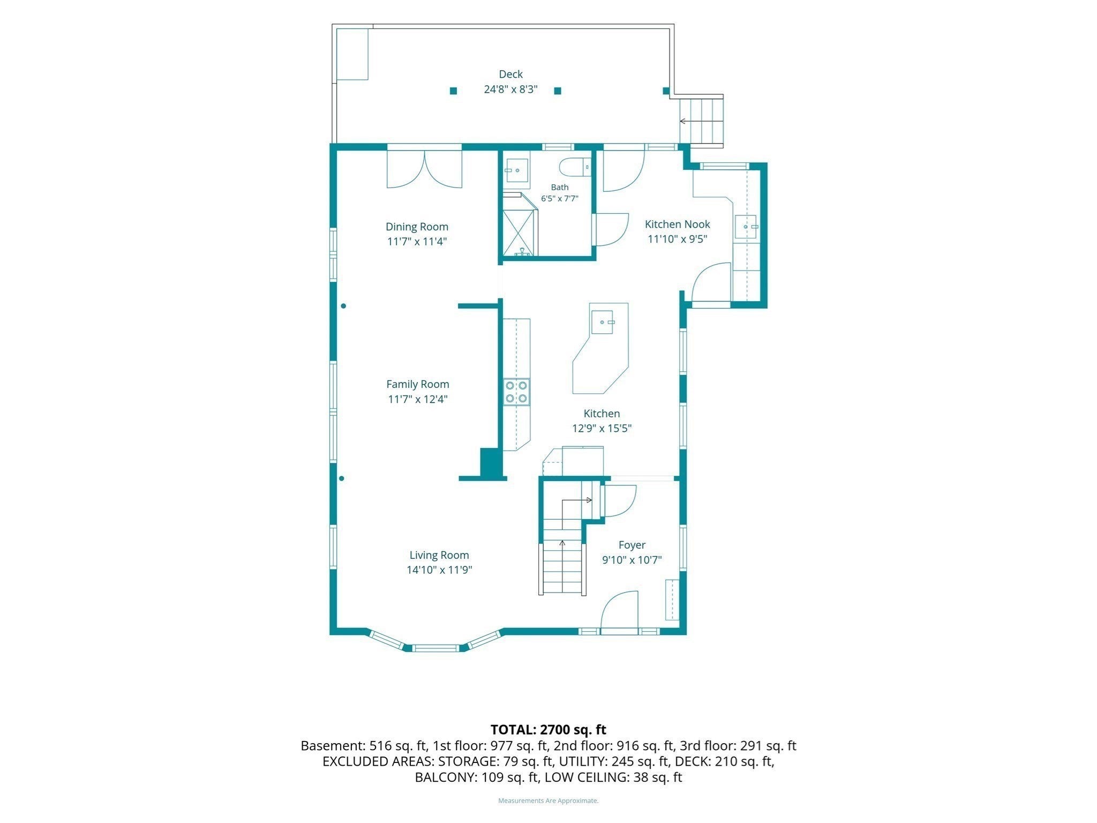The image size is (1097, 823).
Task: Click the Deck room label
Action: click(510, 74)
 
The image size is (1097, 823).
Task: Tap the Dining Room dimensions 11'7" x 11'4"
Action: click(417, 242)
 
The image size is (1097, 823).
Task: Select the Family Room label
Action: click(418, 384)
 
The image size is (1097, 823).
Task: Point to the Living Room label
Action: click(439, 555)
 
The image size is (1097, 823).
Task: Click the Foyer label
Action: click(632, 545)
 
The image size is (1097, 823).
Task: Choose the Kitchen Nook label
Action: click(678, 224)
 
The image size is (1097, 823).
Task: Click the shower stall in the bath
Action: click(518, 232)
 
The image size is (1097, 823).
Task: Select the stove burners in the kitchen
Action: click(516, 391)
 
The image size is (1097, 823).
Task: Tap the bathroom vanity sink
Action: click(516, 170)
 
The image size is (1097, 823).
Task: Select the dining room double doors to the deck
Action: click(424, 169)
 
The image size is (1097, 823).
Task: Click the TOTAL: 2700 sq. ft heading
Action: click(548, 729)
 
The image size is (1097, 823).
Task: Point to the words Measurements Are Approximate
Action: click(548, 800)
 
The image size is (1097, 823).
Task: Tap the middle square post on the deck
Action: click(558, 91)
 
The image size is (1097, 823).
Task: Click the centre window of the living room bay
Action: click(435, 648)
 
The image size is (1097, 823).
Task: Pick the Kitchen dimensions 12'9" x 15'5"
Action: click(602, 428)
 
